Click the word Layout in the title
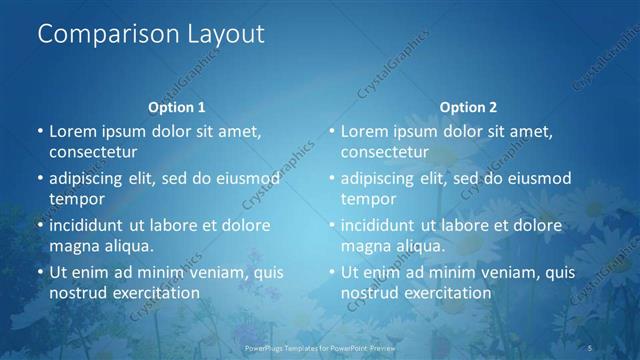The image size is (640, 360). point(221,34)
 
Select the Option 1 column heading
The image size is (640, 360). point(177,107)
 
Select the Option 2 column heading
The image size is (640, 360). point(468,107)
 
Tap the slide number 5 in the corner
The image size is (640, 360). point(591,348)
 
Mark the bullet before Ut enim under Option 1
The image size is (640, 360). point(40,272)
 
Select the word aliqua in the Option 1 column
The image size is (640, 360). point(126,246)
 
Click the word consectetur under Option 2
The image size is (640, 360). point(385,152)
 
